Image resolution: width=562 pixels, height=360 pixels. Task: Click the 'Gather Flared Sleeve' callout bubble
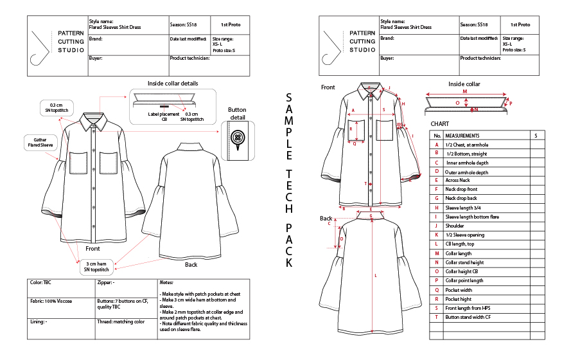(x=39, y=142)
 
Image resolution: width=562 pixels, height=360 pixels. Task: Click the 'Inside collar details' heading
(x=173, y=84)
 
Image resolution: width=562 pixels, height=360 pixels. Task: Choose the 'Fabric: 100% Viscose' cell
(x=55, y=301)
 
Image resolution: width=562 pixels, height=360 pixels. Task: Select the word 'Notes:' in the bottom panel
(x=166, y=282)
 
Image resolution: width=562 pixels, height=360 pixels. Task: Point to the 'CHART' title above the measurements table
(x=440, y=123)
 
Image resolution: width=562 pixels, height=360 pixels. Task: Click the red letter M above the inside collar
(x=464, y=91)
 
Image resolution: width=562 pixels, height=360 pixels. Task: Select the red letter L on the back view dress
(x=376, y=275)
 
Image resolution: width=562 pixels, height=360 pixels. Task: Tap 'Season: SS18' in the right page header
(x=473, y=24)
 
